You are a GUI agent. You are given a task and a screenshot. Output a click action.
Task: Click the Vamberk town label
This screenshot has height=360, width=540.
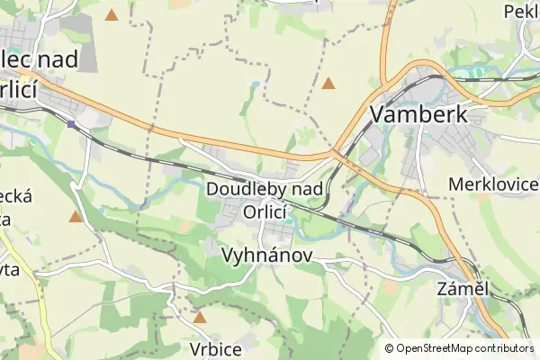pos(418,114)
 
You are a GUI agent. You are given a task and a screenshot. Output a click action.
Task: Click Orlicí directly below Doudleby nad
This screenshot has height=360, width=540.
pos(265,212)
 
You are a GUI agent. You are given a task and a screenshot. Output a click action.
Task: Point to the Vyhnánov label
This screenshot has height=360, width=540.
pos(266,256)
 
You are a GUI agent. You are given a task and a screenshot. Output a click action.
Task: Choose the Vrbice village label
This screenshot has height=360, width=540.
pos(216,348)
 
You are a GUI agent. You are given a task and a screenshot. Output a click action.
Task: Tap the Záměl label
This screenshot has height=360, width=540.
pos(462,290)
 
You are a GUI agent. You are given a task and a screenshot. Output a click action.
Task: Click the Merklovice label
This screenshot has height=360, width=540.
pos(492,184)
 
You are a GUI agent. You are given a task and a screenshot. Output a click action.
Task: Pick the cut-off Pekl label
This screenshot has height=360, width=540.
pos(521,12)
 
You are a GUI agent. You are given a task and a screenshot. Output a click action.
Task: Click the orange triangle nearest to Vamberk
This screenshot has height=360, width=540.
pos(328,84)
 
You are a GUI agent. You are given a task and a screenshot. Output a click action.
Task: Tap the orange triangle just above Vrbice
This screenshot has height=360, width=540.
pos(199,317)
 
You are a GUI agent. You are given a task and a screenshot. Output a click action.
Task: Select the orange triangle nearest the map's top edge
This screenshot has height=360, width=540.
pos(111,15)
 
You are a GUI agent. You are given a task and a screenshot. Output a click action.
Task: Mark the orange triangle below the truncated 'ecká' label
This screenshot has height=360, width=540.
pos(75,216)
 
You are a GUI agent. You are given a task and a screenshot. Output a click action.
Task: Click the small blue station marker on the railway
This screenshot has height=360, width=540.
pos(71,123)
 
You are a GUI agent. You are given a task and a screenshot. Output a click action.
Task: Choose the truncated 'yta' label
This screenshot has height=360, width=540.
pos(9,268)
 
